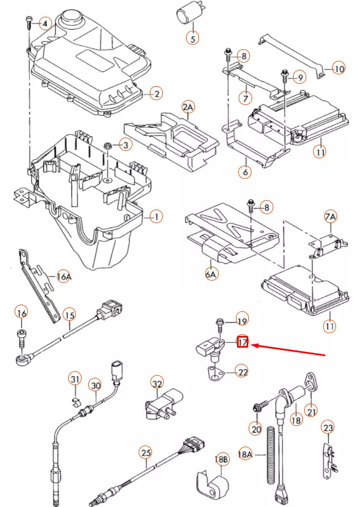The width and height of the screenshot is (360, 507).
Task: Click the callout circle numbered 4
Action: click(46, 23)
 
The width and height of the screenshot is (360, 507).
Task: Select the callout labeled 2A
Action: click(187, 107)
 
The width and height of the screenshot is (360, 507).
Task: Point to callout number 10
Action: click(339, 69)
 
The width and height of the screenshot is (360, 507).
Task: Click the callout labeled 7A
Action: click(330, 216)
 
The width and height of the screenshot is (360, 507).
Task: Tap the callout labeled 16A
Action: click(64, 276)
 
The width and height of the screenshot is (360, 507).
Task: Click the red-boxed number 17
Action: click(243, 342)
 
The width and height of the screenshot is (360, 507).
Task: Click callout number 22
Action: click(241, 371)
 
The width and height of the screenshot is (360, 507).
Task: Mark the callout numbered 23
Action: click(328, 428)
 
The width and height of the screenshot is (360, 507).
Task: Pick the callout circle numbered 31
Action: click(75, 380)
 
